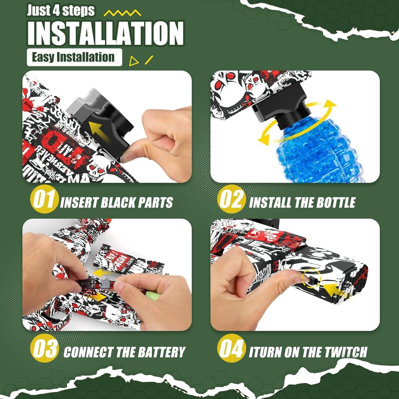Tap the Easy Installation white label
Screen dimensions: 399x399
tap(74, 57)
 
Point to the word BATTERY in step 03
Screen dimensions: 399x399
tap(163, 352)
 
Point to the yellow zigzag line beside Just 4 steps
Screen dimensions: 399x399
tap(122, 13)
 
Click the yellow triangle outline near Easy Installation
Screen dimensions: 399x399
tap(134, 61)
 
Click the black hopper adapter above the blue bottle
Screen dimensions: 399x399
tap(279, 109)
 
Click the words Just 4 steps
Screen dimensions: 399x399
tap(61, 11)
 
